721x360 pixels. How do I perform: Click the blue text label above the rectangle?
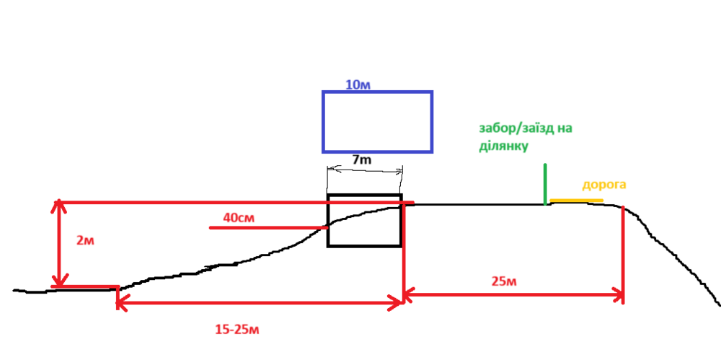click(358, 84)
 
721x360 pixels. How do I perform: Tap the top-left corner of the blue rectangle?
click(324, 92)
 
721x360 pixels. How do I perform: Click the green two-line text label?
click(525, 136)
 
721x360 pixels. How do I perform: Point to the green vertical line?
click(545, 184)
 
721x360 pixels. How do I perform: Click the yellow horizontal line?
click(576, 200)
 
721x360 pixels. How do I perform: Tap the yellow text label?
click(604, 185)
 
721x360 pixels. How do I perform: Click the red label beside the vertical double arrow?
click(85, 241)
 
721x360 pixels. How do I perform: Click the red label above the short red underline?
click(239, 217)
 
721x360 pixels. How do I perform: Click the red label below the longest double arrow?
click(237, 330)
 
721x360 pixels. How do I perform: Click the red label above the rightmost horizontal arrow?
click(504, 281)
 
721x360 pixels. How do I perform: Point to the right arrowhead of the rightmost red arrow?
click(618, 294)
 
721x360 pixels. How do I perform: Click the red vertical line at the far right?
click(623, 253)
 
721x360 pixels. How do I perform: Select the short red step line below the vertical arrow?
click(85, 286)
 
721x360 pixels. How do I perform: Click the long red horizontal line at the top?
click(216, 203)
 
